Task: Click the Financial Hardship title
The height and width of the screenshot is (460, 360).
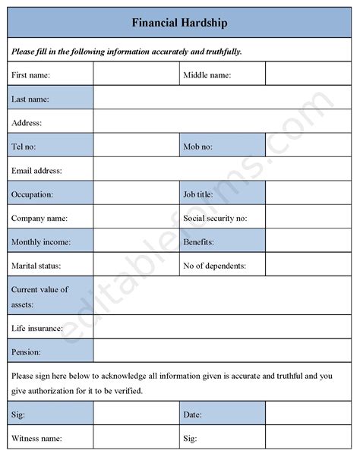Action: pyautogui.click(x=179, y=23)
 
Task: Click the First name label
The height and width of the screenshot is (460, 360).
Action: pyautogui.click(x=30, y=74)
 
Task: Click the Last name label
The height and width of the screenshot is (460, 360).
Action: pyautogui.click(x=30, y=98)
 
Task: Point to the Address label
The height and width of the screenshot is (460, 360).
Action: pyautogui.click(x=27, y=122)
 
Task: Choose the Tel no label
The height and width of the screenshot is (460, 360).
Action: pyautogui.click(x=24, y=146)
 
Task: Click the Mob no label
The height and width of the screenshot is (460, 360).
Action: pyautogui.click(x=197, y=146)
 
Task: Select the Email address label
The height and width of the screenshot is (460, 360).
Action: pyautogui.click(x=36, y=170)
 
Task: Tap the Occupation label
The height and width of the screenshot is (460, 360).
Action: pyautogui.click(x=32, y=194)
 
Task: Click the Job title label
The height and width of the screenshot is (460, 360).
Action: pyautogui.click(x=198, y=194)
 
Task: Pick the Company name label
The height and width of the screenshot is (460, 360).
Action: pyautogui.click(x=39, y=218)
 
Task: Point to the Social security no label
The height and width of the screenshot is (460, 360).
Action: pyautogui.click(x=215, y=218)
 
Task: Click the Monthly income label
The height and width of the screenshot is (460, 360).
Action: pyautogui.click(x=40, y=242)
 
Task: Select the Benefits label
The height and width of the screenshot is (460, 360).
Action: pyautogui.click(x=198, y=242)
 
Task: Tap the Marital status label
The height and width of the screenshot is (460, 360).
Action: pyautogui.click(x=36, y=266)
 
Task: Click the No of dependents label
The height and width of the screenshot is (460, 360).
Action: pyautogui.click(x=215, y=266)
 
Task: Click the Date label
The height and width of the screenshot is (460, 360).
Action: pyautogui.click(x=191, y=414)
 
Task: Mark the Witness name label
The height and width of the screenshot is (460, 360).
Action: pyautogui.click(x=36, y=438)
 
